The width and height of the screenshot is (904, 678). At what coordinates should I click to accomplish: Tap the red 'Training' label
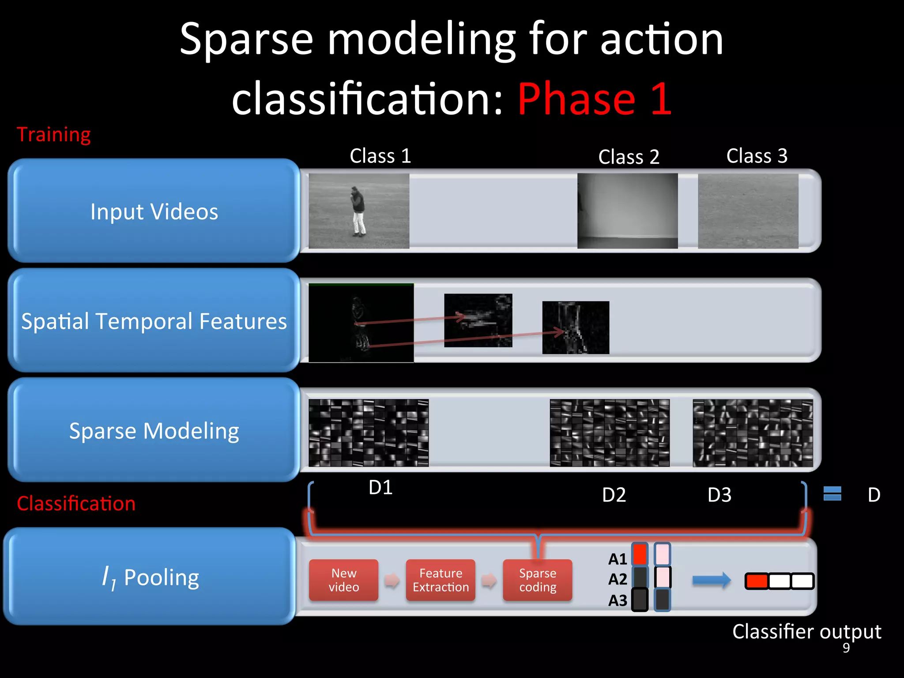point(53,134)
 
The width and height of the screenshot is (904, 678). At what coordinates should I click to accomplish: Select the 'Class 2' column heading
point(629,157)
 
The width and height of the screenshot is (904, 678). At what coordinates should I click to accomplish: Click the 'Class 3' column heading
point(757,156)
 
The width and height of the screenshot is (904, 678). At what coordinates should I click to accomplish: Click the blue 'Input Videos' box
point(154,211)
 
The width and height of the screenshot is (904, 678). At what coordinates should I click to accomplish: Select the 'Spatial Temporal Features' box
point(154,321)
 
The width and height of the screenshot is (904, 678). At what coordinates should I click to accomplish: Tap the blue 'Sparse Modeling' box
point(154,430)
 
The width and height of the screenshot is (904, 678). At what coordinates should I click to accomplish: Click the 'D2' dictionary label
point(614,495)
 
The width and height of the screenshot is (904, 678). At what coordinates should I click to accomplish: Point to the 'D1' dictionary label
point(380,487)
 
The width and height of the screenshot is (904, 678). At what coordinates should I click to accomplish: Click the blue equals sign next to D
point(832,493)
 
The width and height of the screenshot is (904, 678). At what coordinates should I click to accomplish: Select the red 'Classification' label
point(76,504)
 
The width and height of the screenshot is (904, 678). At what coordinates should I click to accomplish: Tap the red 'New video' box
point(343,580)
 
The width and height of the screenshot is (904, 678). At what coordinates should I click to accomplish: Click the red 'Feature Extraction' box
point(441,580)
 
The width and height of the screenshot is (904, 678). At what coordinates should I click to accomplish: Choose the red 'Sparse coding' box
point(537,580)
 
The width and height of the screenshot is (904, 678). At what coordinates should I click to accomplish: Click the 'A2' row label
point(618,579)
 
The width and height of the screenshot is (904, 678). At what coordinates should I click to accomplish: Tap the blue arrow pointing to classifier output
point(711,580)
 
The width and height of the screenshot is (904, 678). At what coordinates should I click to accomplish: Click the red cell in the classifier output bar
point(757,581)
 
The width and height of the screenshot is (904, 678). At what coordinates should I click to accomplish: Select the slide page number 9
point(846,648)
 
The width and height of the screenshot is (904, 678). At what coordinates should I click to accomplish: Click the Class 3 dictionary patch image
point(753,433)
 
